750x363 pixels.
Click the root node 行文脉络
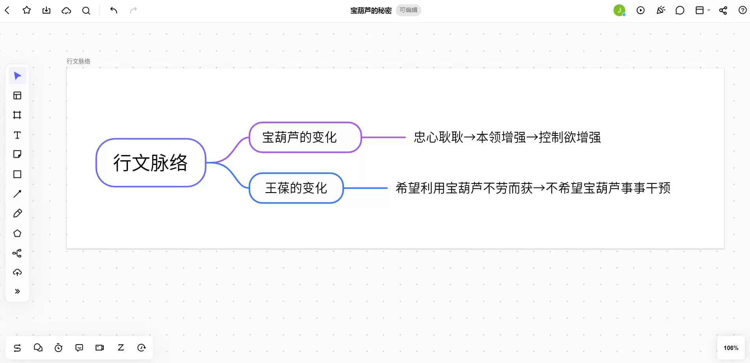tap(151, 163)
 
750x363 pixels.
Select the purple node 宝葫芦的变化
tap(305, 137)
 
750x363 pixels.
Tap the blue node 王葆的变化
tap(296, 188)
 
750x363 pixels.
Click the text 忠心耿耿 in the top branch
tap(439, 137)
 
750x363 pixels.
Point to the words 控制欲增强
tap(570, 137)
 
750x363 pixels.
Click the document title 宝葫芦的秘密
tap(371, 11)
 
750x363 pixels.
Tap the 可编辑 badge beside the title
tap(408, 10)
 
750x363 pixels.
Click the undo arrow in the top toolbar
tap(114, 10)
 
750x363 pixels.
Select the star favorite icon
tap(27, 10)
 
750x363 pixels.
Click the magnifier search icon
tap(86, 11)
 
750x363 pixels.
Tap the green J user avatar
tap(619, 10)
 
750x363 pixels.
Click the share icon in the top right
tap(723, 10)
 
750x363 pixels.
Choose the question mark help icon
tap(743, 10)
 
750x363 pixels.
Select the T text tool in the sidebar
tap(17, 135)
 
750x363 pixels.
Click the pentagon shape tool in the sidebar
tap(17, 233)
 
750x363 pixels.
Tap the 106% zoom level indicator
tap(731, 348)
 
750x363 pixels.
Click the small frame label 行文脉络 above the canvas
tap(78, 61)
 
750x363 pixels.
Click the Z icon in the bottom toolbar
tap(121, 348)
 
